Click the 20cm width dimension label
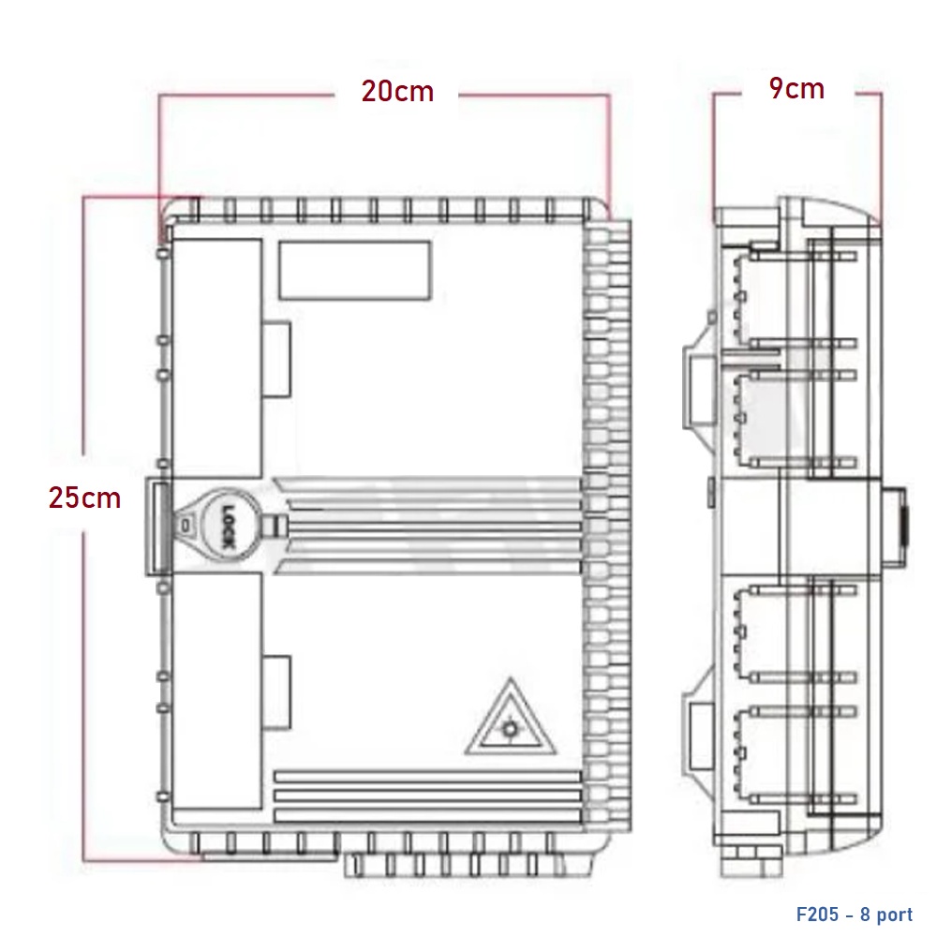click(x=397, y=92)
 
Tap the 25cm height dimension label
click(x=85, y=498)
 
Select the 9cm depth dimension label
click(x=796, y=88)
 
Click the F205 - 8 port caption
click(x=855, y=915)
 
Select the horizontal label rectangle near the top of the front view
click(x=354, y=270)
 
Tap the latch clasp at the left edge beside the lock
click(x=158, y=527)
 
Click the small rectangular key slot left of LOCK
click(x=186, y=527)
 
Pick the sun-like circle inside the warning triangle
click(x=510, y=730)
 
